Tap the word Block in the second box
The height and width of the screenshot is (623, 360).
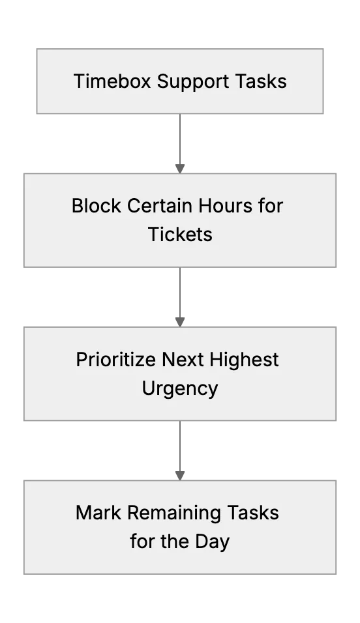click(x=97, y=206)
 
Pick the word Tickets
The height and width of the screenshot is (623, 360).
click(x=180, y=234)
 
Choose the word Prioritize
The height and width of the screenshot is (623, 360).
click(x=115, y=360)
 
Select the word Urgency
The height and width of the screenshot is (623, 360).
click(x=180, y=388)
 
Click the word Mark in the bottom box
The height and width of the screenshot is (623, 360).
click(x=98, y=513)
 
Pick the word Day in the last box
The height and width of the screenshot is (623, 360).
click(x=212, y=542)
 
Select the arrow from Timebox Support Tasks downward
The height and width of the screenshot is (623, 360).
click(x=180, y=143)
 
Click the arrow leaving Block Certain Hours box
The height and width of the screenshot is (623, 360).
click(x=180, y=297)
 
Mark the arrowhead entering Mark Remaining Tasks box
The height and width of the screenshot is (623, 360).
click(x=180, y=476)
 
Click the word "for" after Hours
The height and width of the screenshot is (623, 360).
click(x=270, y=206)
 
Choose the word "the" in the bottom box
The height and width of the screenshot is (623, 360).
click(x=173, y=541)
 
